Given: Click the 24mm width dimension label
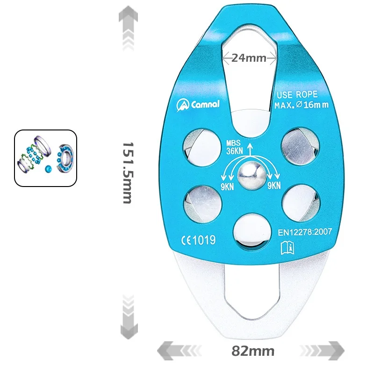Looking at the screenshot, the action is (249, 58).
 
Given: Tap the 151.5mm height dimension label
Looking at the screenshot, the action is (127, 173).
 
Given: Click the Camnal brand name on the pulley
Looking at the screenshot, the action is (198, 104).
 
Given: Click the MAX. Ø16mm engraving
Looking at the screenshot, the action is (301, 105).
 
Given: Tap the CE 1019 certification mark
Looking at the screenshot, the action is (198, 240).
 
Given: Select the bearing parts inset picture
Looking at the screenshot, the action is (45, 158).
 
